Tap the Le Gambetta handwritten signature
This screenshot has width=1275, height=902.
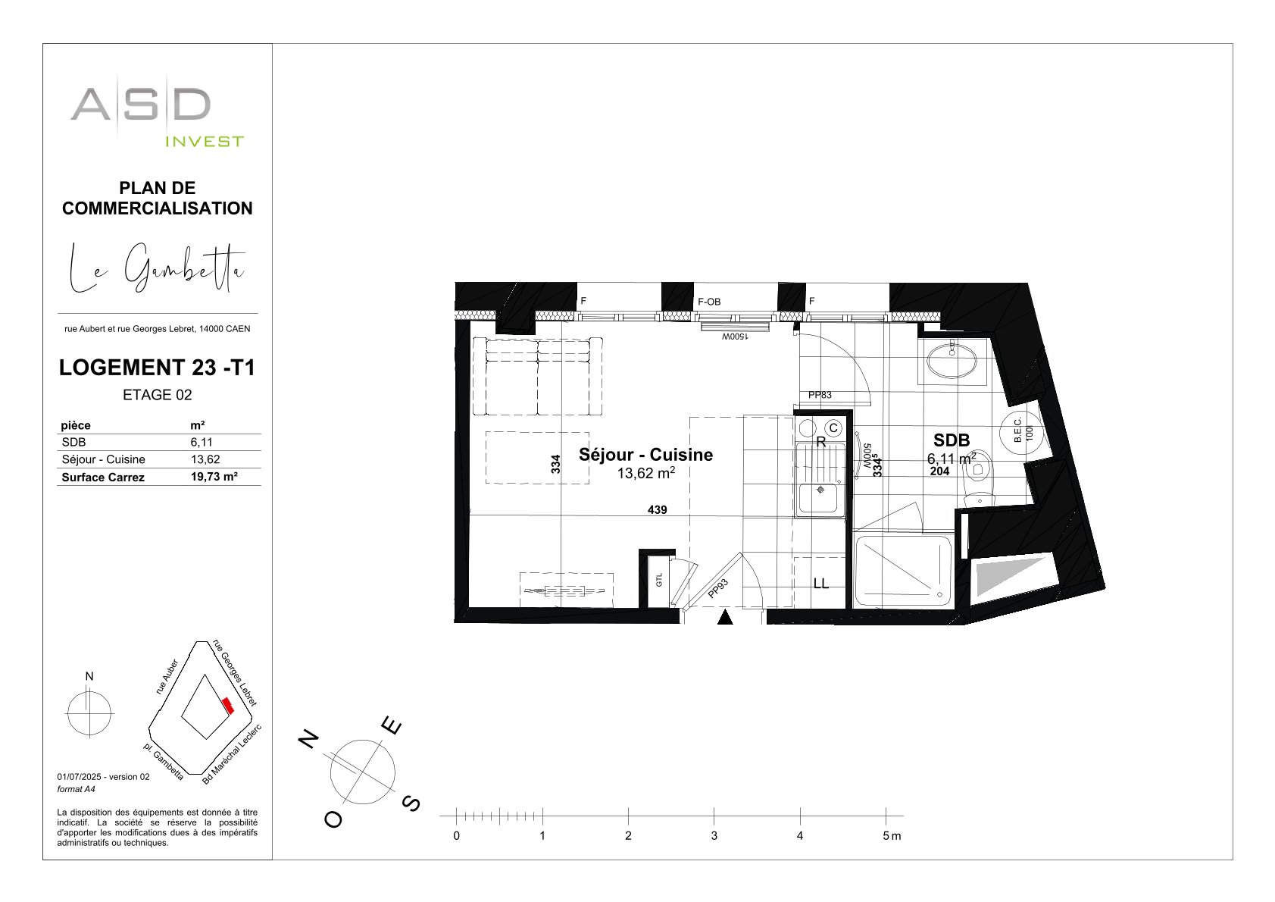click(x=158, y=268)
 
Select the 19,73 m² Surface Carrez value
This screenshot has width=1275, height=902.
click(x=214, y=478)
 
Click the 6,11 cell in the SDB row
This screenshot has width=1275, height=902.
click(x=202, y=442)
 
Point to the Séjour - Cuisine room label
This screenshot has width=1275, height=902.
click(x=645, y=455)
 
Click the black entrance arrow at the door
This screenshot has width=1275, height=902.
click(x=725, y=617)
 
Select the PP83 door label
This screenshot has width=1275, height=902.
click(x=820, y=395)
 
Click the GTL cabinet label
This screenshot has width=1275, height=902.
click(x=659, y=581)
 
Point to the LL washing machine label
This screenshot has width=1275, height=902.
click(x=820, y=583)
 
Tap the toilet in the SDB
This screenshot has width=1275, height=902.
click(x=978, y=478)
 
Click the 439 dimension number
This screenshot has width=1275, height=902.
click(x=658, y=509)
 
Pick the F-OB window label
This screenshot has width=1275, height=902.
click(x=709, y=302)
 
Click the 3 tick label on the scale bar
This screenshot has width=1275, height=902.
click(x=714, y=836)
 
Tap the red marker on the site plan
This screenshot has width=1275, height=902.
click(x=228, y=706)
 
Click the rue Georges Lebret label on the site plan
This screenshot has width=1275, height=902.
click(x=235, y=672)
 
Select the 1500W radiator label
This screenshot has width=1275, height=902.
click(x=735, y=337)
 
